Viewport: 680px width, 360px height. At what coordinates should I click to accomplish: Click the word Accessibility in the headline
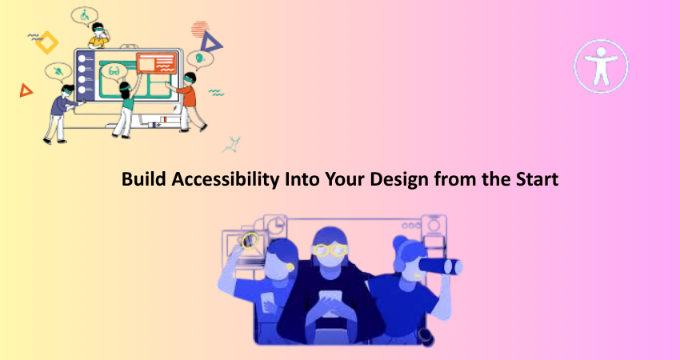(x=225, y=179)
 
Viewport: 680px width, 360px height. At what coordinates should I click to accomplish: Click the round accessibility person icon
(x=601, y=66)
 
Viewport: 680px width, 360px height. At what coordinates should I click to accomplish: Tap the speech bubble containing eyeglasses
(x=114, y=71)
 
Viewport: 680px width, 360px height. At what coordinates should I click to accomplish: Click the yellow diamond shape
(x=47, y=42)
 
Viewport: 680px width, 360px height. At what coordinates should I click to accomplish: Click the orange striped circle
(x=200, y=29)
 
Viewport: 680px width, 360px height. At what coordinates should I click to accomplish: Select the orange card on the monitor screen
(x=157, y=63)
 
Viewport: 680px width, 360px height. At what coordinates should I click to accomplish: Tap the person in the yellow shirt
(x=99, y=35)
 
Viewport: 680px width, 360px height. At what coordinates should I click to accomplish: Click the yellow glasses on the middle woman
(x=330, y=250)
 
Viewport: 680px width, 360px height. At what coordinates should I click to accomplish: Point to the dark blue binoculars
(x=441, y=266)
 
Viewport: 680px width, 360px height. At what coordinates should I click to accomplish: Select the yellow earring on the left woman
(x=290, y=267)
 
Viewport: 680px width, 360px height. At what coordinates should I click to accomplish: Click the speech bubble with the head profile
(x=200, y=58)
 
